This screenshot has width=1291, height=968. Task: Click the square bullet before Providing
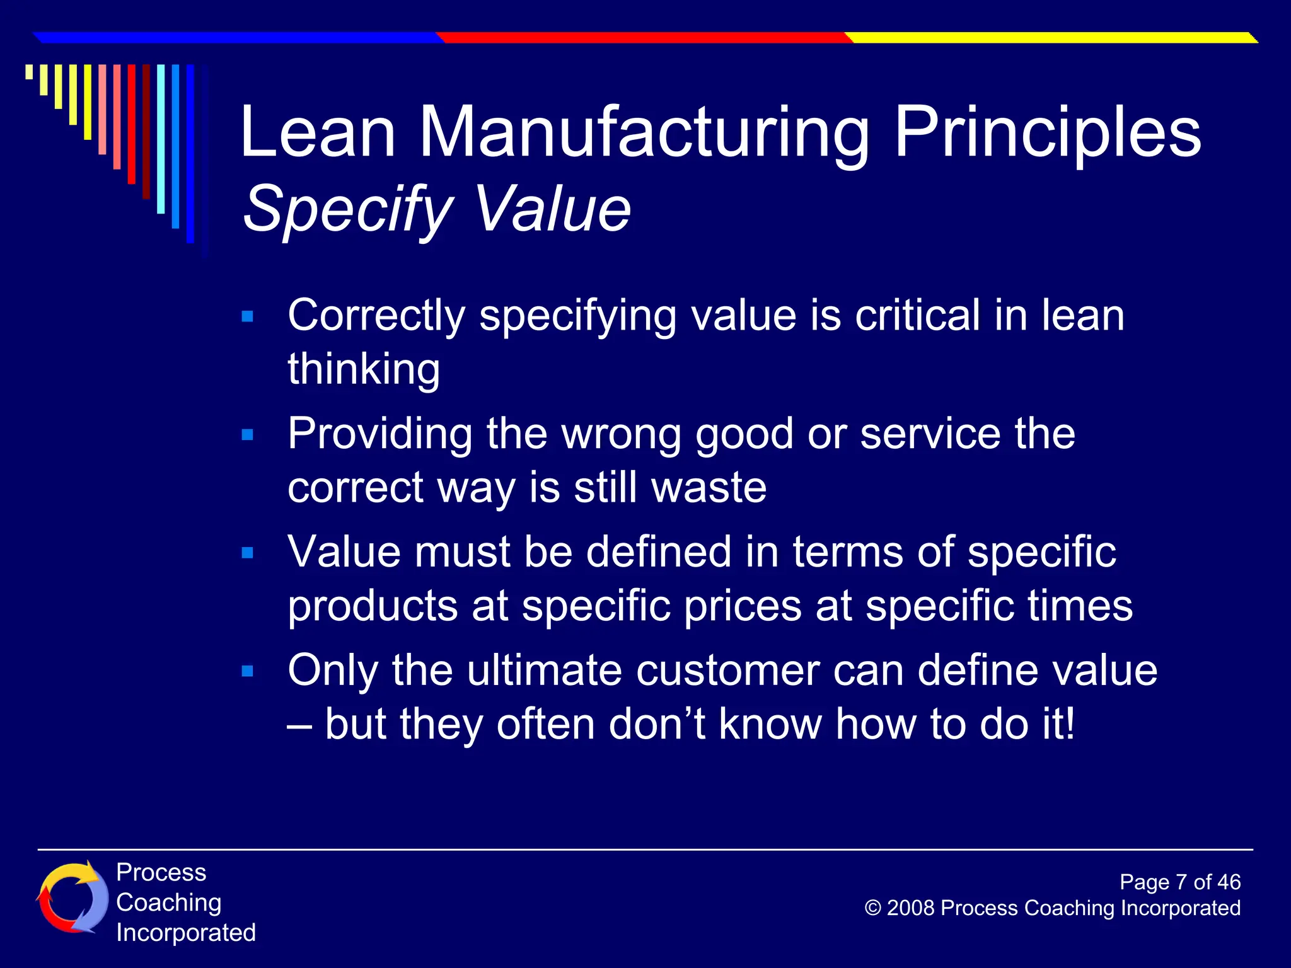[x=248, y=435]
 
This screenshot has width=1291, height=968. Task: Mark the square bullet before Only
[x=248, y=671]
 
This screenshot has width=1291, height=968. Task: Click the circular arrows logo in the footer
[x=72, y=898]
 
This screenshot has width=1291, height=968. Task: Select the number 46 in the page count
[x=1229, y=882]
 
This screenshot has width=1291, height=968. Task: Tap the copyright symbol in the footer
[x=872, y=908]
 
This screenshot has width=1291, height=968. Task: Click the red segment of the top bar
[x=643, y=38]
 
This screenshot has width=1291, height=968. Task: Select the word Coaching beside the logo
[x=169, y=902]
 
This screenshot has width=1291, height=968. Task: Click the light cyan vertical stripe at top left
[x=161, y=139]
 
